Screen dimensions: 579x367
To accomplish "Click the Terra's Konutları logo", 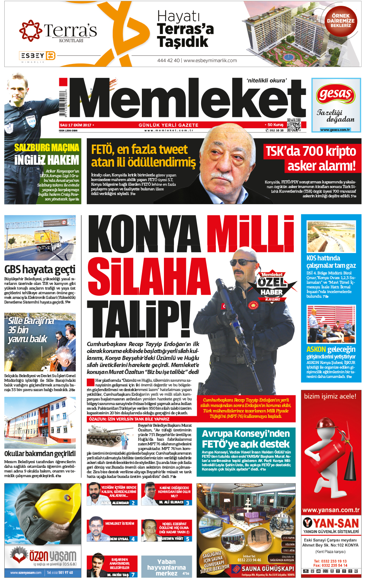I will [58, 31].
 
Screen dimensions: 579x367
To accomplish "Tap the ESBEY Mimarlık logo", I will [38, 56].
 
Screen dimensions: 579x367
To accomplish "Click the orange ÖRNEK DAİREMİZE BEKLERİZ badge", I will [341, 21].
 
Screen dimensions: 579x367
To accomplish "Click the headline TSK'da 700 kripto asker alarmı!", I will [311, 158].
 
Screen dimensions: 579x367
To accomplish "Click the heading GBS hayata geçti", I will [40, 269].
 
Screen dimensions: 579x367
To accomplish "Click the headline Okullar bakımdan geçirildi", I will [40, 453].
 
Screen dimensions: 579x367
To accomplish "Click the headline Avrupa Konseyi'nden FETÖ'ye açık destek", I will [246, 439].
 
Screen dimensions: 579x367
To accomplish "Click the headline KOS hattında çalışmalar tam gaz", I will [331, 262].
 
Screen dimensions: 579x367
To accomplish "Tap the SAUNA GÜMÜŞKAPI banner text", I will [267, 569].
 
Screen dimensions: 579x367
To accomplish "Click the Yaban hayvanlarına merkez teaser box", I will [167, 567].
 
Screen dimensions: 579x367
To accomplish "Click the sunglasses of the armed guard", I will [245, 262].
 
